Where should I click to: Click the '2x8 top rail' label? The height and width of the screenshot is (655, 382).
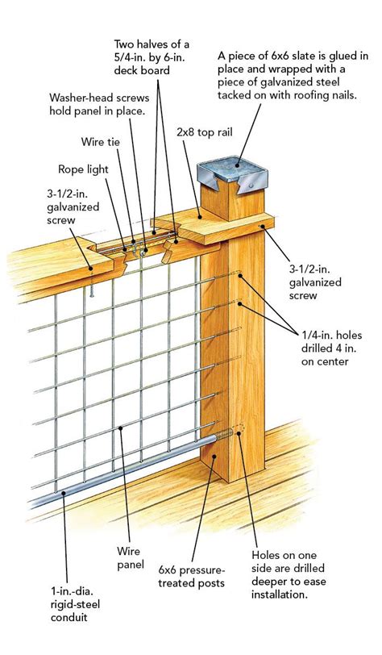pyautogui.click(x=205, y=133)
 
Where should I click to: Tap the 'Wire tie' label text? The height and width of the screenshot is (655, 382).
pyautogui.click(x=100, y=142)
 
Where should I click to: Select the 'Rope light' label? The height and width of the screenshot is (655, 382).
pyautogui.click(x=83, y=169)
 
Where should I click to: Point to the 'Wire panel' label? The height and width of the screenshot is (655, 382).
pyautogui.click(x=131, y=557)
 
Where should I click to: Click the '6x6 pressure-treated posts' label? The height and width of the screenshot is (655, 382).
pyautogui.click(x=192, y=577)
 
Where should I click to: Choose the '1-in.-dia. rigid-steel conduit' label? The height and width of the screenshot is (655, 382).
pyautogui.click(x=75, y=604)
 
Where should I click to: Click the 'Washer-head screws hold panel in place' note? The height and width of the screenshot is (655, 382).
pyautogui.click(x=99, y=104)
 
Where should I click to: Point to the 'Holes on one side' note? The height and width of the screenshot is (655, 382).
pyautogui.click(x=288, y=575)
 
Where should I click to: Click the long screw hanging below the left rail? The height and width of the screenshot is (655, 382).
pyautogui.click(x=92, y=282)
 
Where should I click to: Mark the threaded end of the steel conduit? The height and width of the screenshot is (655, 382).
pyautogui.click(x=225, y=435)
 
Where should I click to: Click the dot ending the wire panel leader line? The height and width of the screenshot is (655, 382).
pyautogui.click(x=121, y=428)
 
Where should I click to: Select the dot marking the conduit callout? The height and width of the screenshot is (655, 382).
pyautogui.click(x=64, y=493)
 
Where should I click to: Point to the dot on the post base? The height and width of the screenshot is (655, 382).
pyautogui.click(x=214, y=457)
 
